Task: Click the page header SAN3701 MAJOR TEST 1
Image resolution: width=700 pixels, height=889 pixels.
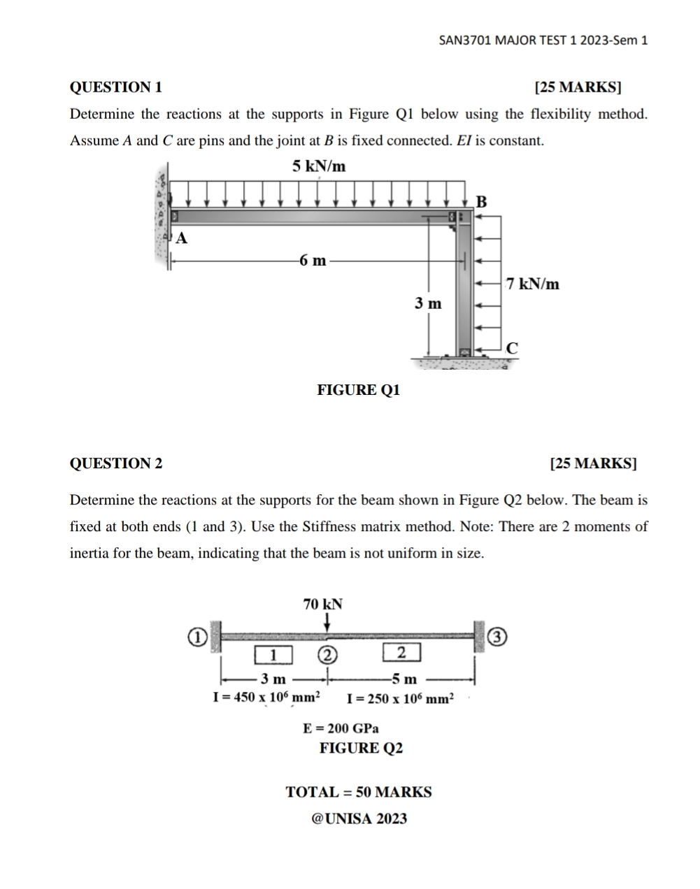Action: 543,40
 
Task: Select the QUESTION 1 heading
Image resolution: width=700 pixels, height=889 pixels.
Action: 116,87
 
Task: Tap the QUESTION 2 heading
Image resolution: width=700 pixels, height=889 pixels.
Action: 116,463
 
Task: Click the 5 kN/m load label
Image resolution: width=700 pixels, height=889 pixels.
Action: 319,166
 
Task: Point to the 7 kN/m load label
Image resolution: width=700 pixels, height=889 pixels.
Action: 533,284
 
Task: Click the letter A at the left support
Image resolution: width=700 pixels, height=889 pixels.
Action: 182,238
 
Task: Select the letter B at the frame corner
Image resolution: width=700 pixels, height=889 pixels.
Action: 480,202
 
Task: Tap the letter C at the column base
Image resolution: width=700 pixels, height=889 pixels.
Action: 512,347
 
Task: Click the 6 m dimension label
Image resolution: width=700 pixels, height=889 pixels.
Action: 313,261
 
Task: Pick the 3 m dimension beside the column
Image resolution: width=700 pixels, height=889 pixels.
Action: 428,303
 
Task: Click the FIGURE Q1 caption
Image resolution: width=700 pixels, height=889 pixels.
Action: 359,390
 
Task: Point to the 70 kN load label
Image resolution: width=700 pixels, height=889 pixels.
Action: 322,604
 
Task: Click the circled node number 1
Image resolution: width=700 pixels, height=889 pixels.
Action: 198,637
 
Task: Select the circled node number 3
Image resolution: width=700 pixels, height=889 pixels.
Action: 497,637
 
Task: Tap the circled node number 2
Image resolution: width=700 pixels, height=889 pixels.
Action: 327,655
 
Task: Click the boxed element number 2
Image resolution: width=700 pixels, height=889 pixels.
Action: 401,653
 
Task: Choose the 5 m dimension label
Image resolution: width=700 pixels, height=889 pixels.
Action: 404,679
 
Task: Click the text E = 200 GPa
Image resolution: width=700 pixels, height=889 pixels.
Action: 341,728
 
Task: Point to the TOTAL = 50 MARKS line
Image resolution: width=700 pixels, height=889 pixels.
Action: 359,792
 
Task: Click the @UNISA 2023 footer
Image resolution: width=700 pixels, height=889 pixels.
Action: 359,818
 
